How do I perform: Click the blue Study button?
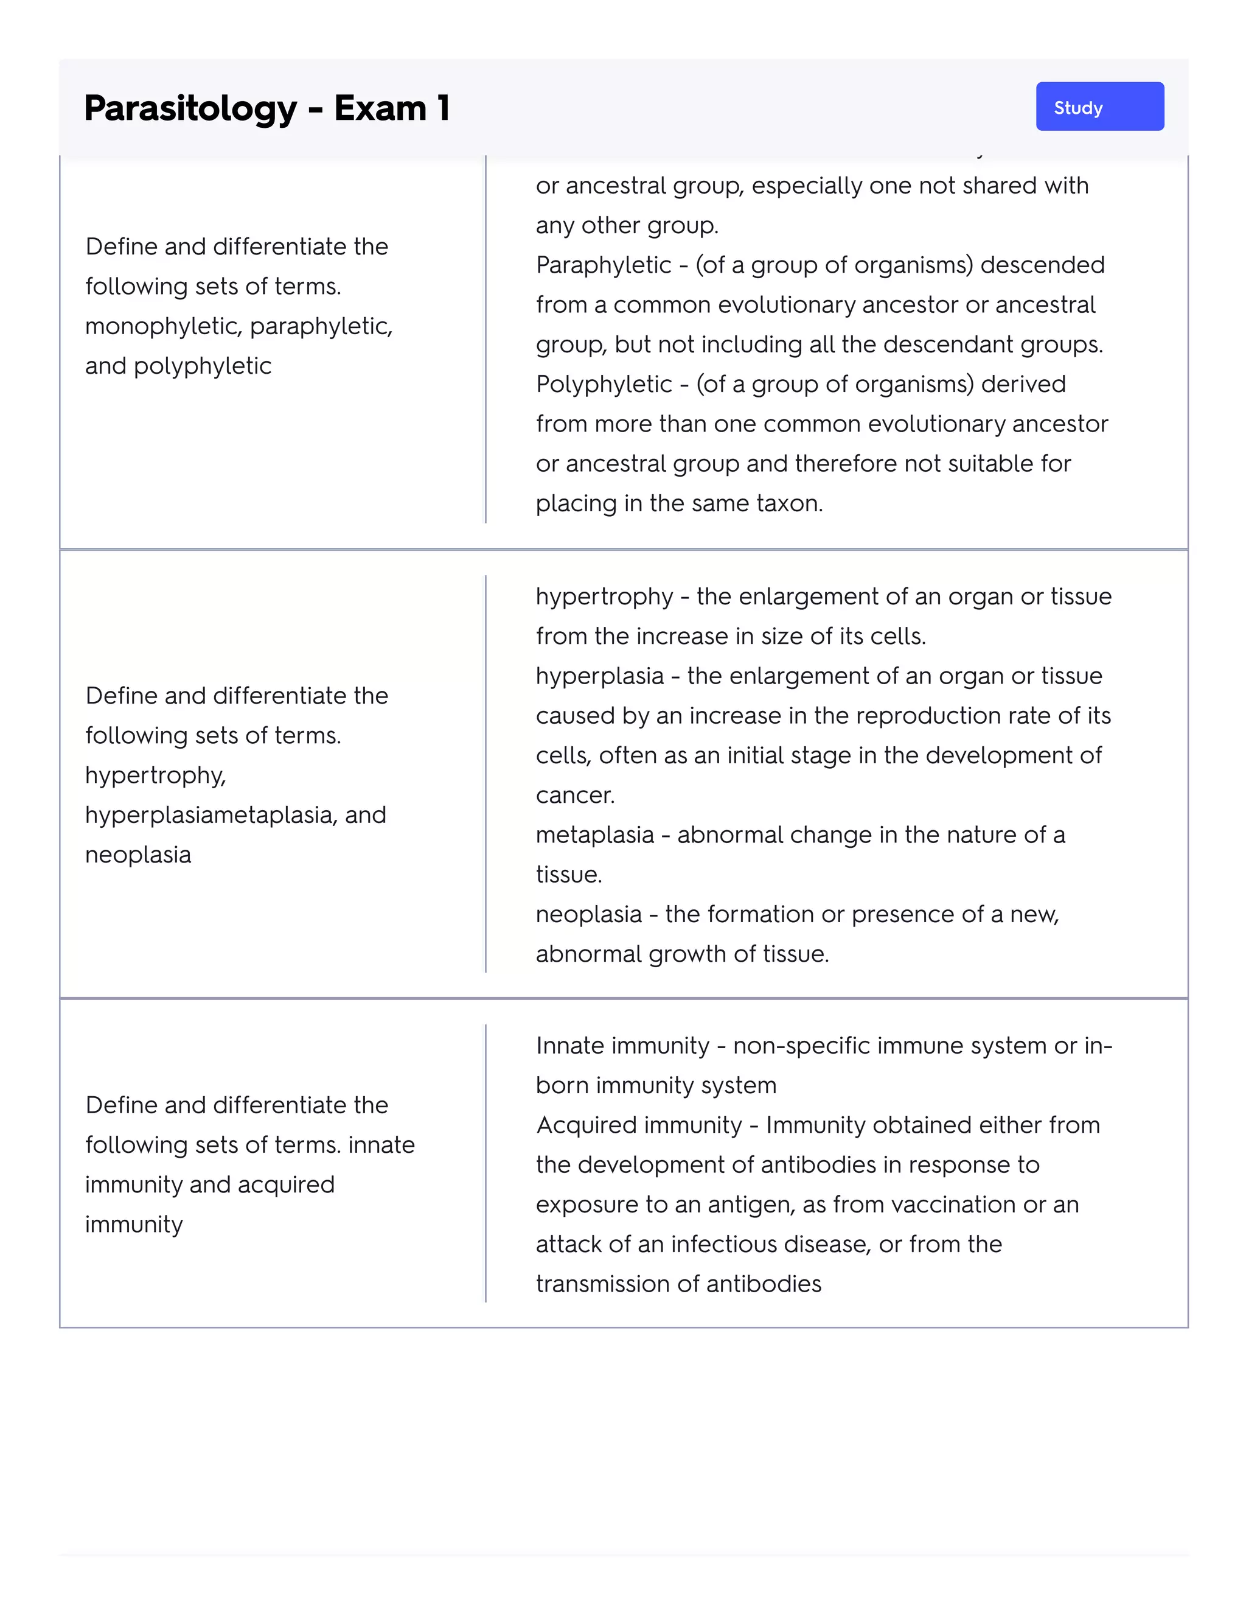(x=1099, y=107)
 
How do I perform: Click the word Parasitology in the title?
(x=190, y=108)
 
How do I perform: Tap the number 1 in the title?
(x=443, y=108)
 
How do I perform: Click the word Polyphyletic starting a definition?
(x=604, y=384)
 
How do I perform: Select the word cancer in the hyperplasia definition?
(x=574, y=796)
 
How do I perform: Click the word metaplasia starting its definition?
(x=595, y=835)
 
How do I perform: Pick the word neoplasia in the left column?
(x=138, y=855)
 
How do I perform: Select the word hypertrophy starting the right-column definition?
(x=604, y=597)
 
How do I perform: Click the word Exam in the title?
(x=380, y=108)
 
